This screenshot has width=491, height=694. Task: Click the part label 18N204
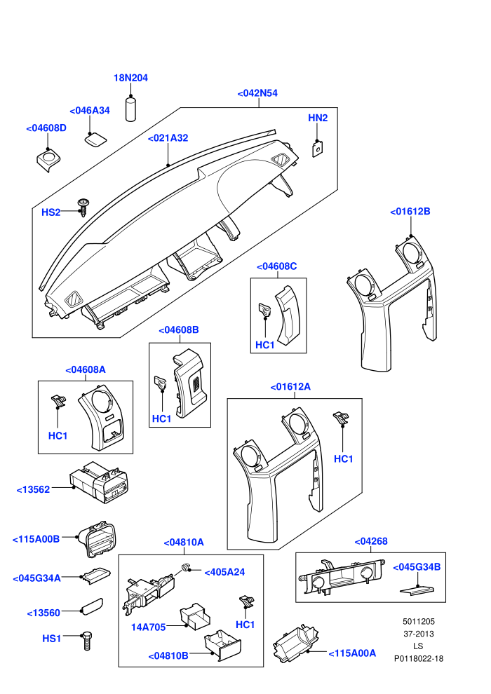point(130,78)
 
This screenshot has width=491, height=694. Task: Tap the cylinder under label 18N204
point(131,109)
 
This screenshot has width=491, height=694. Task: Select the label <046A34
point(90,111)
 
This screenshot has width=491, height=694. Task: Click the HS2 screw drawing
point(83,207)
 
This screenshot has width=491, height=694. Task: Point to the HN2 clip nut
point(317,149)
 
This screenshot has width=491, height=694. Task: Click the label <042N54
point(257,93)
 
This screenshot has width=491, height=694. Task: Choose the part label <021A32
point(168,138)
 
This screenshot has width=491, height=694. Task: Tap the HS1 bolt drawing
point(87,641)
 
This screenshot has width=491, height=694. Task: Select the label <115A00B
point(36,539)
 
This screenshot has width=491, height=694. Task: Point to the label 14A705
point(148,627)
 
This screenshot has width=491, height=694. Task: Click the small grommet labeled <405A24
point(185,567)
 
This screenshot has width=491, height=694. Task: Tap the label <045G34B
point(417,567)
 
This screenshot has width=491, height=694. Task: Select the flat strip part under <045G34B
point(417,590)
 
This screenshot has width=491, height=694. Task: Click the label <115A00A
point(352,653)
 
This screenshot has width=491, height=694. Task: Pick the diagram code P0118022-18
point(419,658)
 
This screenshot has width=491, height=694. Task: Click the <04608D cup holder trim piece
point(48,160)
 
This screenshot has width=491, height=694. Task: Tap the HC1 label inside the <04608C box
point(265,345)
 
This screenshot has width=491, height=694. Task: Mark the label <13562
point(33,489)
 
